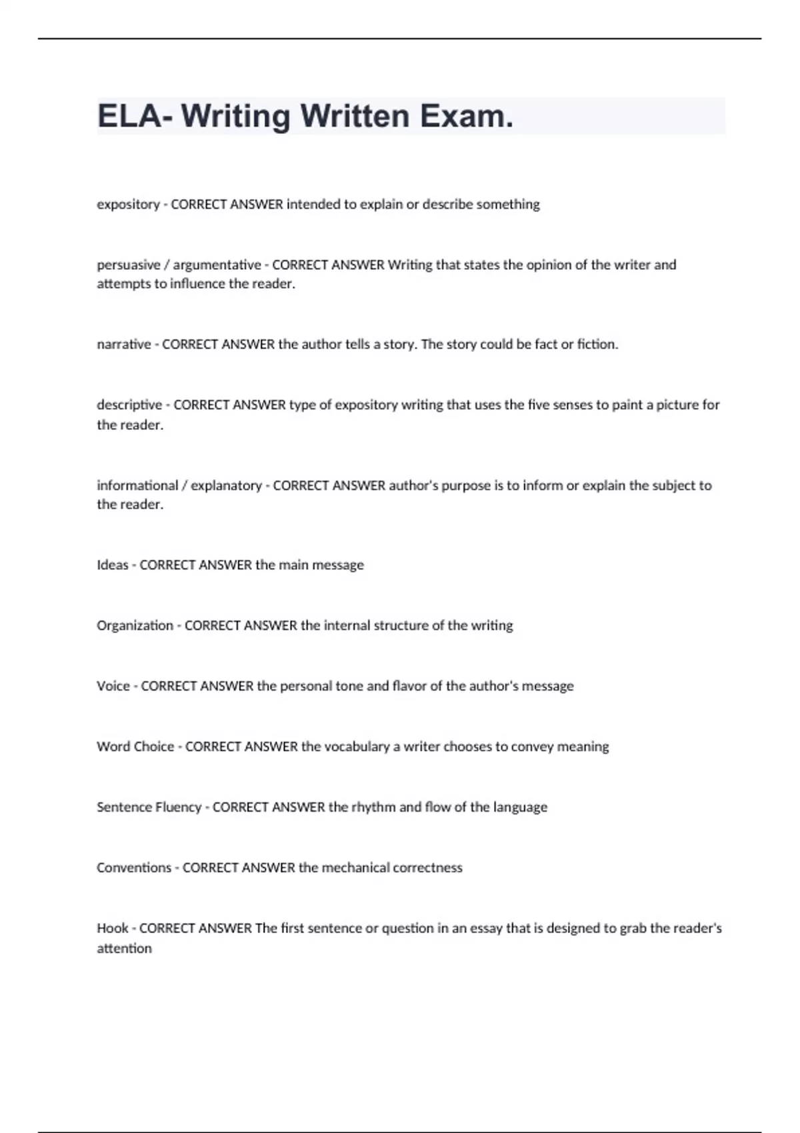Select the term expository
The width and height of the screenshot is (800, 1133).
coord(128,205)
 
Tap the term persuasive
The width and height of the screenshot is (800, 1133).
coord(128,265)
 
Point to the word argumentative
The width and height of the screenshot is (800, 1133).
coord(217,265)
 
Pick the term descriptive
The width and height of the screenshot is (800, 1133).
coord(129,405)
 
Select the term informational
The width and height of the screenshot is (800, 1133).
coord(137,486)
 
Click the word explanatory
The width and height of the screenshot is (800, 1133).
coord(226,486)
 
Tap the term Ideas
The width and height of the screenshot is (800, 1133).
coord(112,565)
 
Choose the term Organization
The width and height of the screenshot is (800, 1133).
coord(135,626)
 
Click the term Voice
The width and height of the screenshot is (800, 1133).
coord(113,686)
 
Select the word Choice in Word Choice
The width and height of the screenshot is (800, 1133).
coord(154,747)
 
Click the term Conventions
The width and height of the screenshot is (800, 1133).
coord(133,868)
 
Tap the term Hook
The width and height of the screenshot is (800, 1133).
coord(112,928)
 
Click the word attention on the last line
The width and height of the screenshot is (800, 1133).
coord(124,948)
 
